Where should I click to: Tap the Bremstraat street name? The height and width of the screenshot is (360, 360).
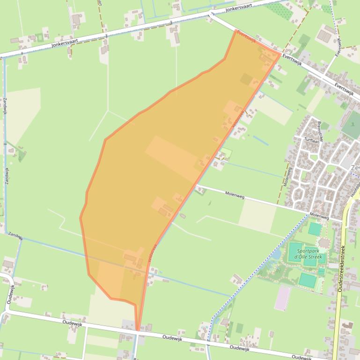(321, 131)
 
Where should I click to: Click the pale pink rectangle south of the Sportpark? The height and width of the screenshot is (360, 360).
(282, 298)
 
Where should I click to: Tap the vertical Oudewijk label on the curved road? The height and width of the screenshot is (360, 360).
(10, 294)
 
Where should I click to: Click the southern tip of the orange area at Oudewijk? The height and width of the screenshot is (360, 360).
(138, 330)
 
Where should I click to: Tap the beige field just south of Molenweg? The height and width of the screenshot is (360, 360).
(257, 216)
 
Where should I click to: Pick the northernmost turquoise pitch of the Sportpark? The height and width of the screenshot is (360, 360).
(315, 229)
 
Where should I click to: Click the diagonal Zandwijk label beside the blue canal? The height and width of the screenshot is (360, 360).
(15, 237)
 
